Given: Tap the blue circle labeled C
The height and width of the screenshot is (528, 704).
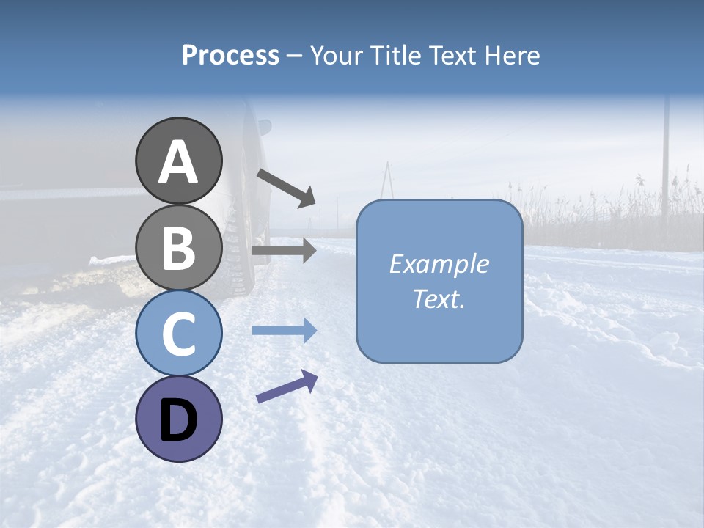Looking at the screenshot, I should (178, 333).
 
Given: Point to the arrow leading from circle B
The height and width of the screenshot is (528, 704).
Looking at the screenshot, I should (283, 251).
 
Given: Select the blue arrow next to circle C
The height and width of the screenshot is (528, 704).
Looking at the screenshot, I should (284, 331).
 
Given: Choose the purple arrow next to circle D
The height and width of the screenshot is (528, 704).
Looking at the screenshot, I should (287, 386).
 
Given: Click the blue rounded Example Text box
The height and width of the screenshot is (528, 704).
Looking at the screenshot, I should (439, 281).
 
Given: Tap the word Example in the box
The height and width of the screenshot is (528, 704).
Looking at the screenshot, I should (439, 264).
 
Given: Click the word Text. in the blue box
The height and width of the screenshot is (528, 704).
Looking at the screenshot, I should (439, 298).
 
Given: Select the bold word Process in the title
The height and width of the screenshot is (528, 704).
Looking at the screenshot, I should (230, 55).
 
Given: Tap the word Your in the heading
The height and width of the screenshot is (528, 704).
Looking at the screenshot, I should (337, 55).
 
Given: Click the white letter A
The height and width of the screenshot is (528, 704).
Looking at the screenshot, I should (178, 162).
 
